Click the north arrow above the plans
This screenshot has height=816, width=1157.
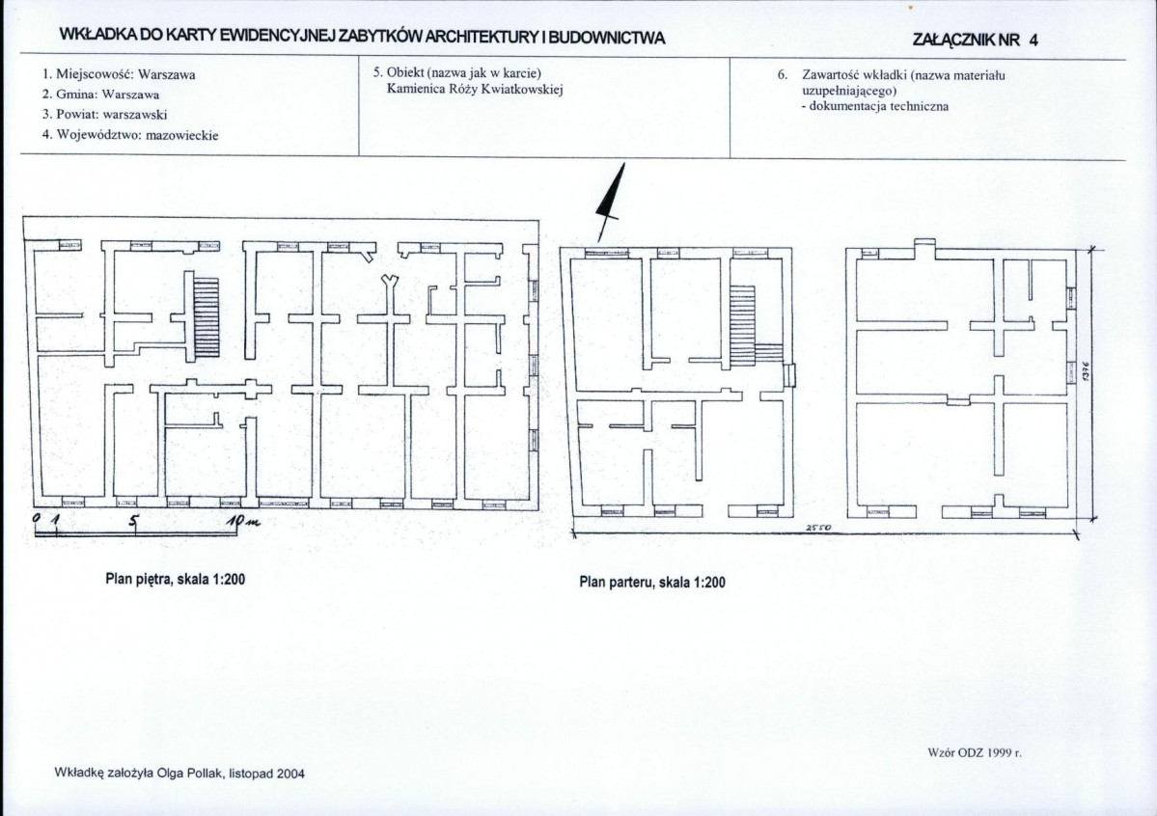point(610,203)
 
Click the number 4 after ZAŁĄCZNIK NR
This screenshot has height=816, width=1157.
point(1033,41)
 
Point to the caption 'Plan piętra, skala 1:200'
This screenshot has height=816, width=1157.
point(176,579)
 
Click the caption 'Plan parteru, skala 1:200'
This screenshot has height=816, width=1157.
point(652,583)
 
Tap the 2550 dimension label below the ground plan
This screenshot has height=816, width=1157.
point(818,528)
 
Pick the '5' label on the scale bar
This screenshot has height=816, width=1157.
point(133,521)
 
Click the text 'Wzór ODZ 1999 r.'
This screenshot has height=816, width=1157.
point(974,752)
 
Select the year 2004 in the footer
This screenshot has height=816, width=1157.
point(290,774)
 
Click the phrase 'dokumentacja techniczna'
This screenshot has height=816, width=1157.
point(879,106)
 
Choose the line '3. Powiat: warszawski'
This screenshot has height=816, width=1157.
point(105,115)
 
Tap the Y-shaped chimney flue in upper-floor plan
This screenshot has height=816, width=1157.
point(389,289)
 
